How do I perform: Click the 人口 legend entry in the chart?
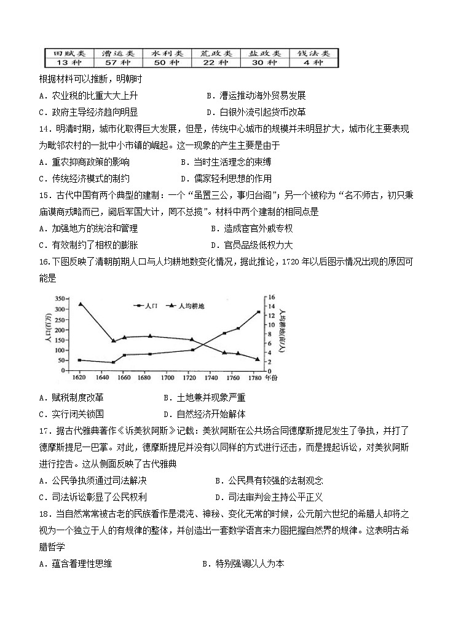coord(145,304)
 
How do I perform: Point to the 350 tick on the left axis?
coord(60,298)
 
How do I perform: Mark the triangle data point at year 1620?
coord(80,304)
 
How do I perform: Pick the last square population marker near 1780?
coord(258,312)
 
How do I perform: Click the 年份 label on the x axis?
coord(272,377)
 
